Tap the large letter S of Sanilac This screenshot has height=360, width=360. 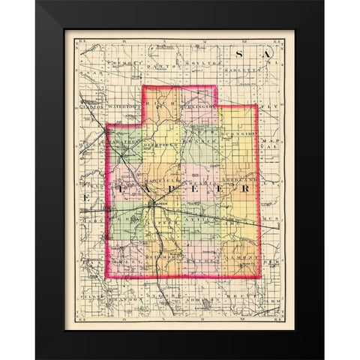(x=240, y=55)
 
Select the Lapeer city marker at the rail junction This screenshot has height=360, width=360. (x=154, y=203)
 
